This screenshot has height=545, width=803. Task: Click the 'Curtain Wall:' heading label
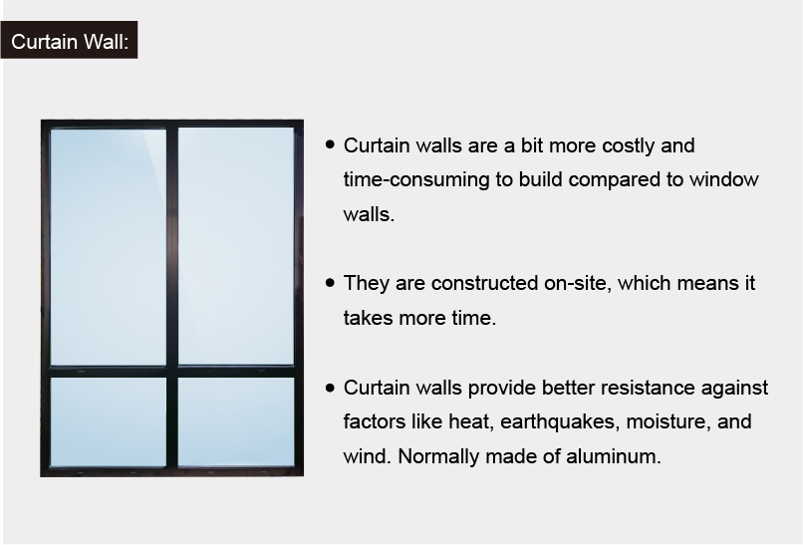[x=69, y=41]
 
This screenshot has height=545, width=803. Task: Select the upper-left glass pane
[x=108, y=247]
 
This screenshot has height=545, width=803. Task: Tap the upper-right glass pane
[x=236, y=246]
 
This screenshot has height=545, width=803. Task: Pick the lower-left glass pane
[x=108, y=422]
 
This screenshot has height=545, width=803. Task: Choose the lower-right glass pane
[x=236, y=422]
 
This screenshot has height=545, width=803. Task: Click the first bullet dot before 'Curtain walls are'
[x=330, y=144]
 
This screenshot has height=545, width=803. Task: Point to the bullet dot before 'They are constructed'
[x=330, y=283]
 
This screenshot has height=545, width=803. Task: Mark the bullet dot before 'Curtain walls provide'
[x=330, y=388]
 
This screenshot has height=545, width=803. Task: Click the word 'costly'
[x=628, y=146]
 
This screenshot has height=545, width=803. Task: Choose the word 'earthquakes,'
[x=560, y=422]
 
